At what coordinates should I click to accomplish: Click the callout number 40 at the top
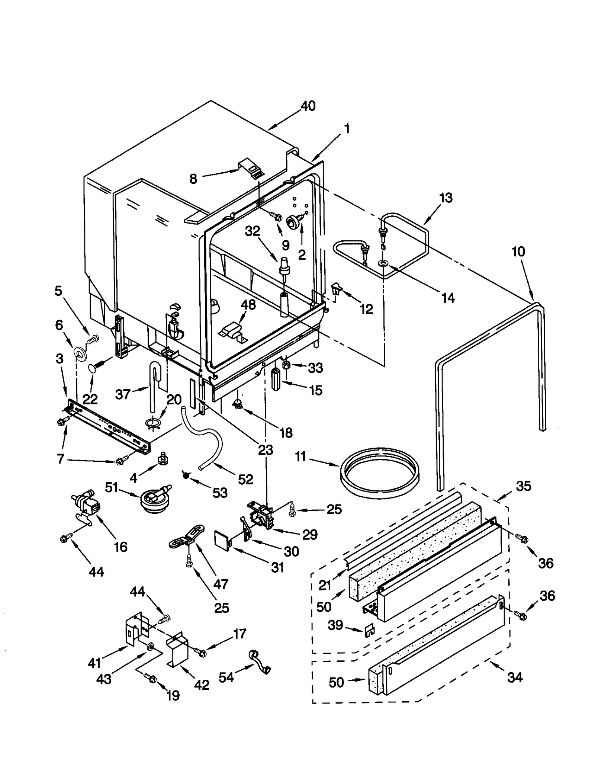click(x=308, y=106)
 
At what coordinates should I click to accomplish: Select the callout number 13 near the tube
click(x=446, y=198)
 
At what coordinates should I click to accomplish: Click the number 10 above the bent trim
click(x=518, y=252)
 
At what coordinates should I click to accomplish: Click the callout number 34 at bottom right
click(x=515, y=677)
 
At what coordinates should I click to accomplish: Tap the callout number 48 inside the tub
click(x=248, y=305)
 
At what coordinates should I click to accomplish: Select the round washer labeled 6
click(x=79, y=353)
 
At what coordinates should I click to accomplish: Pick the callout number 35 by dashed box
click(x=523, y=486)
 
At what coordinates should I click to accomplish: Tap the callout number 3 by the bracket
click(x=59, y=359)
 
